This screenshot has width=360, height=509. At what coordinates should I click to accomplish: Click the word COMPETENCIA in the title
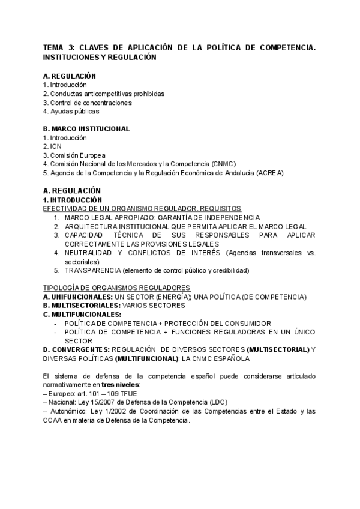click(x=286, y=47)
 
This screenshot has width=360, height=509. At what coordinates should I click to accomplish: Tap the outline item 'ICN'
click(x=56, y=146)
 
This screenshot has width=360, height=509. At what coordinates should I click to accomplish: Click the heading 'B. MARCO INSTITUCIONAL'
click(x=86, y=128)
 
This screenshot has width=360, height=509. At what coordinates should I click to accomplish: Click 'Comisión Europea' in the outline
click(x=77, y=155)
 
